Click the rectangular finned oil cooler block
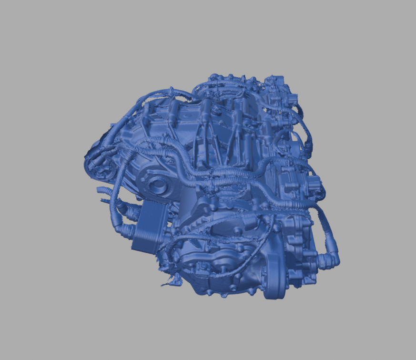click(x=150, y=226)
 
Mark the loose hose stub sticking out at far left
click(x=102, y=190)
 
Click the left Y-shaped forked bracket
click(x=203, y=134)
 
